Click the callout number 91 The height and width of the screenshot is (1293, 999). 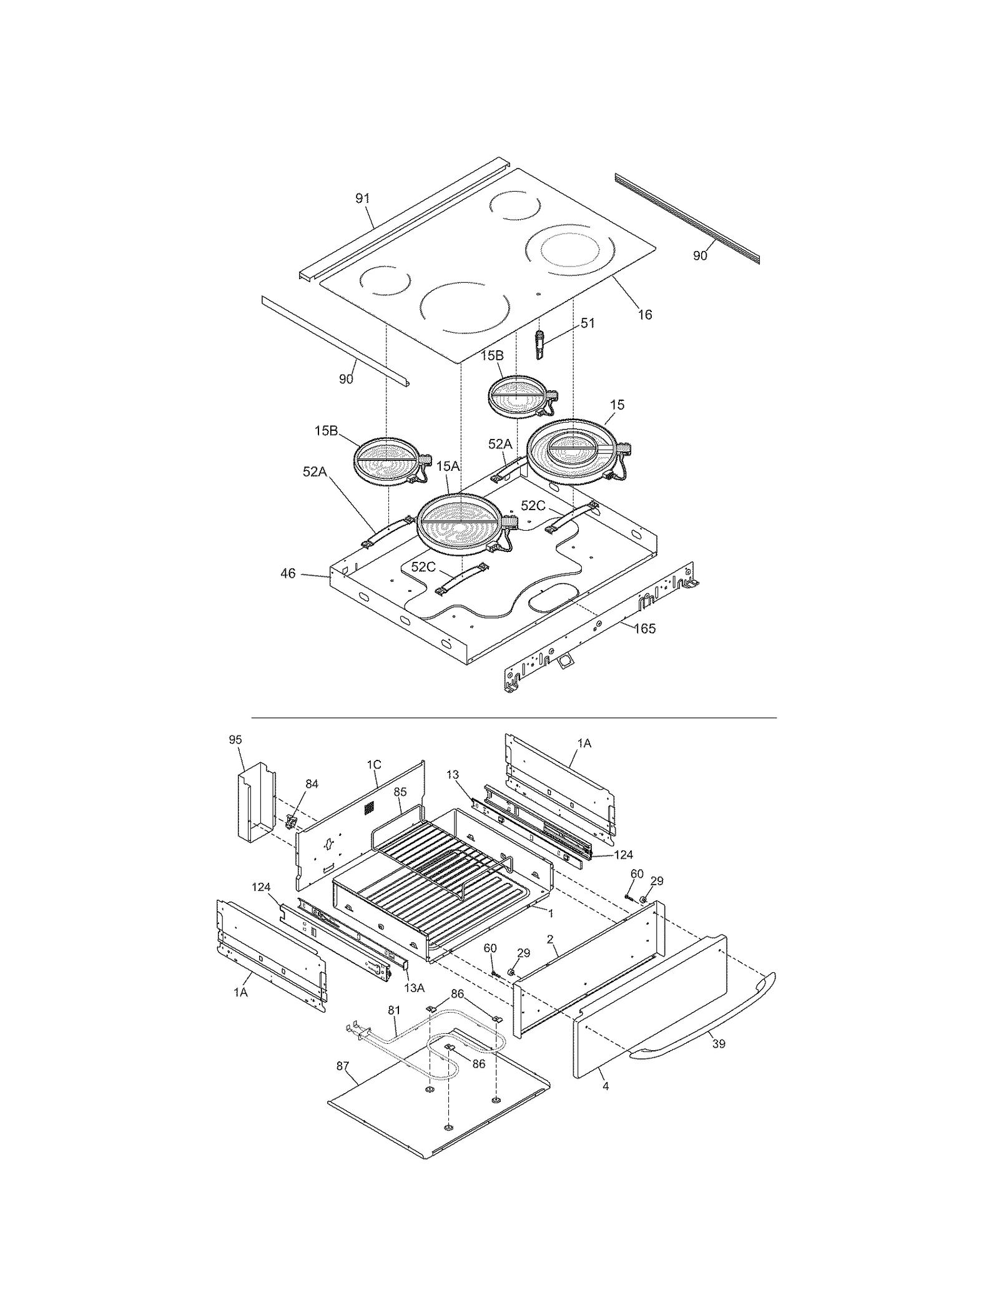(362, 199)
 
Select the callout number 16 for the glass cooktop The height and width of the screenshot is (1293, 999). (645, 315)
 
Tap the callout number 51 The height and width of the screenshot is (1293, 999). (588, 323)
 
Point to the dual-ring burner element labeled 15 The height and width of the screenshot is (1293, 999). (576, 451)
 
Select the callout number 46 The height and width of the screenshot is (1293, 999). (288, 573)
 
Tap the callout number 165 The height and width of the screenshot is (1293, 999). (645, 629)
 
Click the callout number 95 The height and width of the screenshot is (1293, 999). (235, 740)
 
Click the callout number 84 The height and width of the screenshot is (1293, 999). (312, 784)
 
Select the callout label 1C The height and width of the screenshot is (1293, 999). (373, 765)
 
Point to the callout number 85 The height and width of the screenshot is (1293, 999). (400, 792)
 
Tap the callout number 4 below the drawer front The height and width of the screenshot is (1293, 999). (606, 1086)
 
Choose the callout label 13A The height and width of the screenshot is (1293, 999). (414, 987)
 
